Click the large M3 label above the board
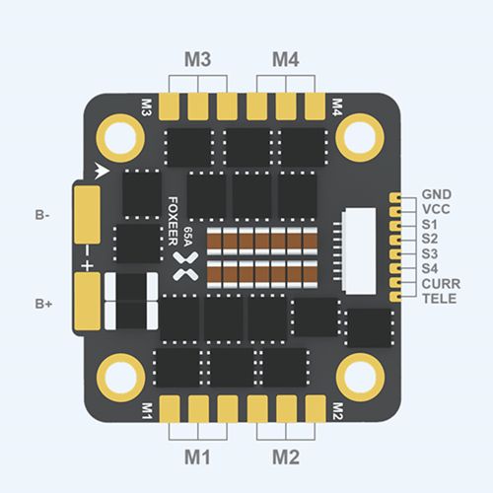[x=197, y=60]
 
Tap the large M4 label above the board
[x=286, y=60]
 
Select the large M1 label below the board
[x=197, y=457]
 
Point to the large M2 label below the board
[x=286, y=457]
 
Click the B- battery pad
[x=87, y=215]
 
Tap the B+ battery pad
[x=87, y=301]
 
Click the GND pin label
[x=437, y=194]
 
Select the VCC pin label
[x=436, y=209]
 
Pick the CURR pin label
[x=441, y=284]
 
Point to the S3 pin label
[x=430, y=254]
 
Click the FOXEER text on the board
[x=173, y=221]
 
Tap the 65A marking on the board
[x=188, y=237]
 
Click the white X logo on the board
[x=185, y=266]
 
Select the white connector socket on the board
[x=359, y=250]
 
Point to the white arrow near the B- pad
[x=102, y=171]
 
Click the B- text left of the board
[x=42, y=215]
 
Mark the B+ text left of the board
[x=43, y=304]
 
